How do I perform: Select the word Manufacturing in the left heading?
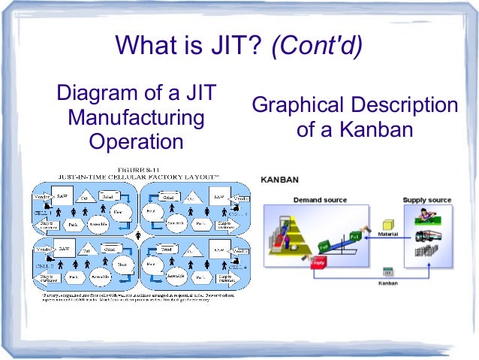point(136,118)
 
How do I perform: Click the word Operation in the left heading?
point(136,141)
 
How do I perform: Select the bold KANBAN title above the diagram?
point(279,180)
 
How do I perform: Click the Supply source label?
point(427,200)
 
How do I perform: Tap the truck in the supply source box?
point(429,236)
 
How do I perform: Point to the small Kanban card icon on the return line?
point(388,271)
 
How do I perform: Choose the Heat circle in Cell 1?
point(117,212)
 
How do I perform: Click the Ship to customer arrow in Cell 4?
point(226,276)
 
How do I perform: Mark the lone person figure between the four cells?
point(138,234)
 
